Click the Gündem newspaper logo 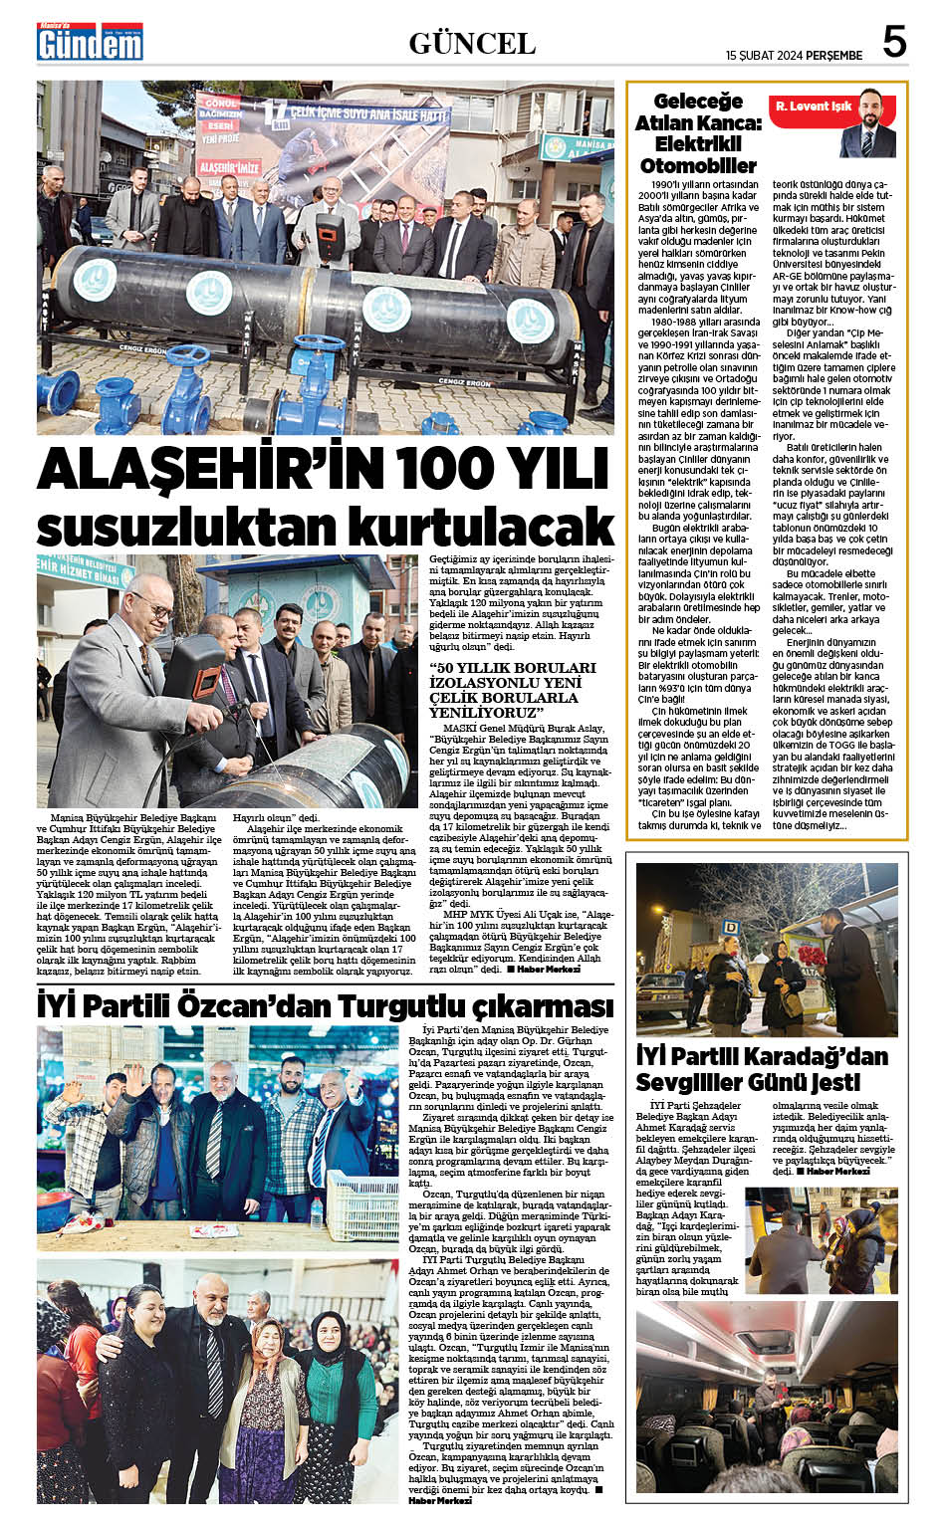coord(90,42)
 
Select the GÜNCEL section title coord(472,43)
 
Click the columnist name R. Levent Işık coord(813,107)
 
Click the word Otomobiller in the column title coord(698,165)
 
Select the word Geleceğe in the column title coord(698,101)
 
